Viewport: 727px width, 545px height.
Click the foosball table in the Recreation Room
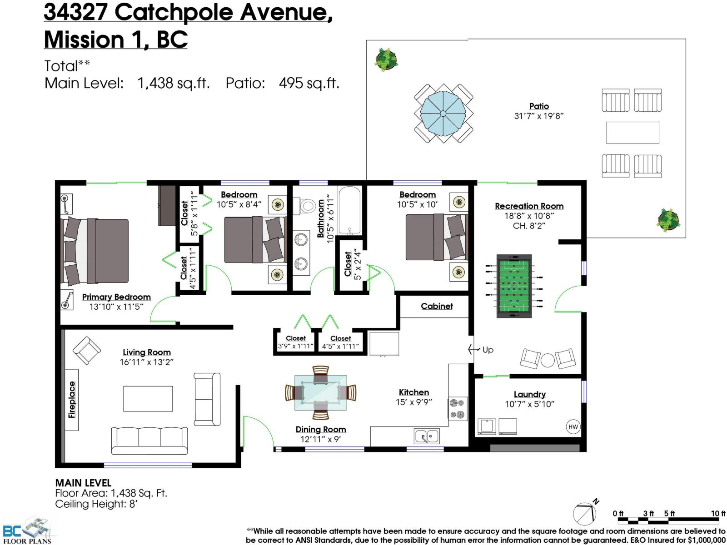(x=514, y=285)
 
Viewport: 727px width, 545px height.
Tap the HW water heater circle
(x=573, y=426)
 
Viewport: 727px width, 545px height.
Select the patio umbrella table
(x=443, y=113)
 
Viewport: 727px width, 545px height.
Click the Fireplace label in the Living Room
(x=72, y=400)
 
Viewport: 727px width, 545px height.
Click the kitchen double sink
(x=427, y=436)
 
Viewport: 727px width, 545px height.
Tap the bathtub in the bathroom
(x=349, y=211)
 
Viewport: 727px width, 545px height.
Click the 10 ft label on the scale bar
(x=718, y=513)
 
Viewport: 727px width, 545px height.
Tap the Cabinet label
(x=437, y=306)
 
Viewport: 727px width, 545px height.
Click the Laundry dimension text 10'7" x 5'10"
(x=530, y=404)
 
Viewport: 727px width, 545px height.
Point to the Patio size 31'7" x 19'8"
(x=539, y=116)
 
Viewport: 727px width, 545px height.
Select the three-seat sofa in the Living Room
(x=149, y=440)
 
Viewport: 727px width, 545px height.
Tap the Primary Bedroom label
(x=116, y=297)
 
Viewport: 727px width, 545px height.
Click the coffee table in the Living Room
(x=148, y=399)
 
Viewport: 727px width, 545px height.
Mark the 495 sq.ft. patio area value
(x=309, y=83)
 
